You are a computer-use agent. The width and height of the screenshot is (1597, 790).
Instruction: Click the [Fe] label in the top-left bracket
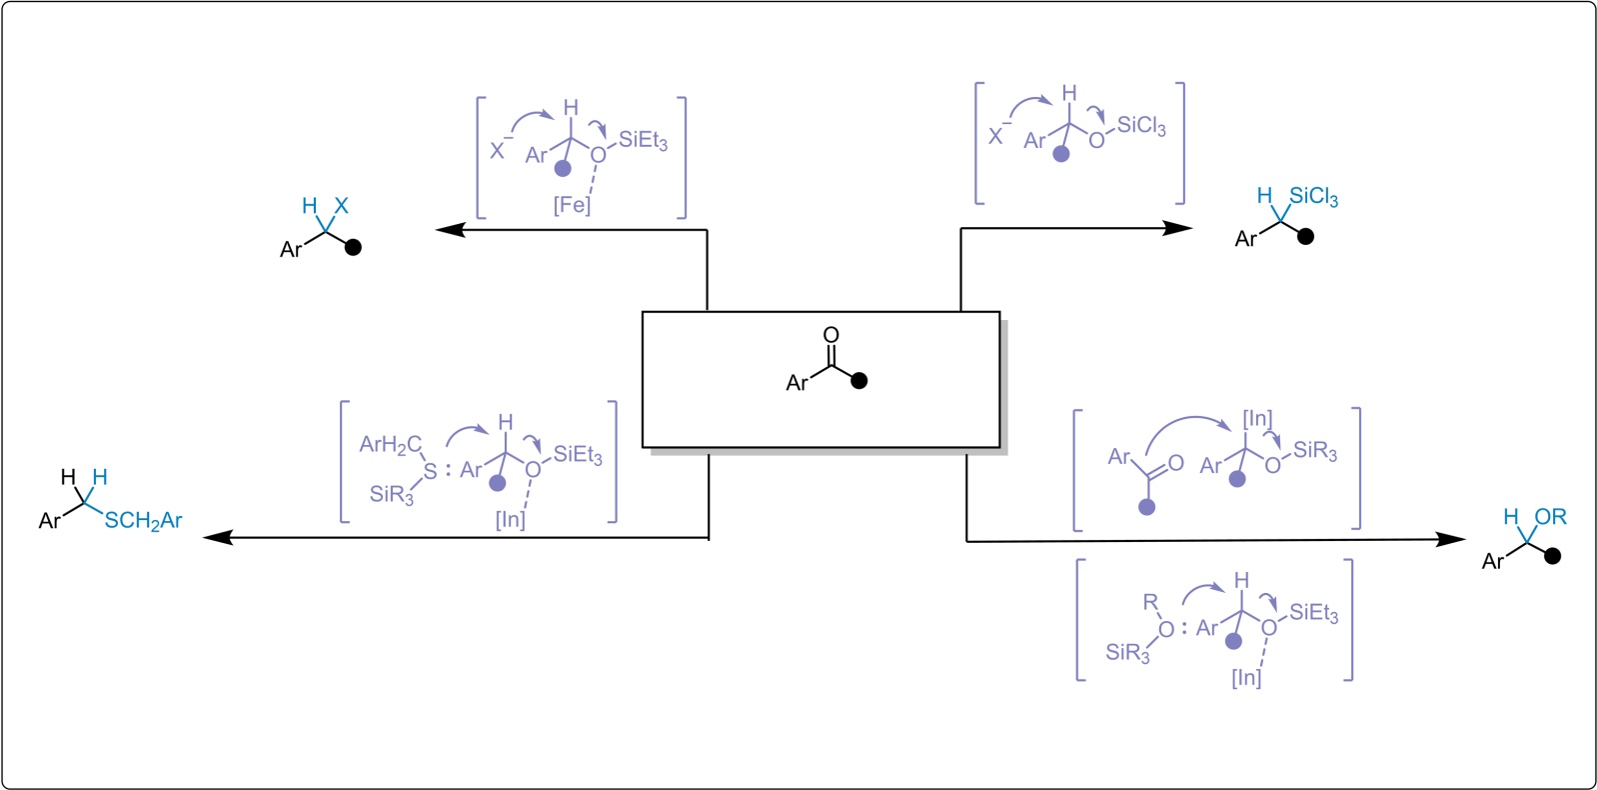tap(572, 205)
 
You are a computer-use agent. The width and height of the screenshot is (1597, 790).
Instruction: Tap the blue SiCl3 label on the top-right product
tap(1313, 196)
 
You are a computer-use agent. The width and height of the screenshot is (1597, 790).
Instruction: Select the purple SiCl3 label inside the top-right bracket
tap(1141, 126)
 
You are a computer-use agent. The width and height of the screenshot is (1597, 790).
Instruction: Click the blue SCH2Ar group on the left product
tap(143, 521)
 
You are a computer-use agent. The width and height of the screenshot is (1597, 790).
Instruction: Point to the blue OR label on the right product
tap(1550, 517)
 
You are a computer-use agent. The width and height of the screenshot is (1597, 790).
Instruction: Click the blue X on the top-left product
tap(341, 206)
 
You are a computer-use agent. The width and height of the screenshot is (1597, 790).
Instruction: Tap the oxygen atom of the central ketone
tap(830, 335)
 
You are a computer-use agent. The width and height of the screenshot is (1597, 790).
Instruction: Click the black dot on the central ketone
tap(859, 380)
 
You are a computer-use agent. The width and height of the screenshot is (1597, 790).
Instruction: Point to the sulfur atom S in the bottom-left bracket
tap(430, 470)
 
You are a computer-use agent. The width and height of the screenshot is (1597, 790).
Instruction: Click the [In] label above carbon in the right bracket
tap(1257, 419)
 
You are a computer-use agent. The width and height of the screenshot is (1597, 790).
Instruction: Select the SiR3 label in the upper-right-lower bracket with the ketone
tap(1315, 451)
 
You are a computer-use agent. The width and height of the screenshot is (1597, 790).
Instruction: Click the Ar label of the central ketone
tap(797, 383)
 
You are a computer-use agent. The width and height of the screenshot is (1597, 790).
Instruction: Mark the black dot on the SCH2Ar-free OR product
tap(1552, 556)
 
